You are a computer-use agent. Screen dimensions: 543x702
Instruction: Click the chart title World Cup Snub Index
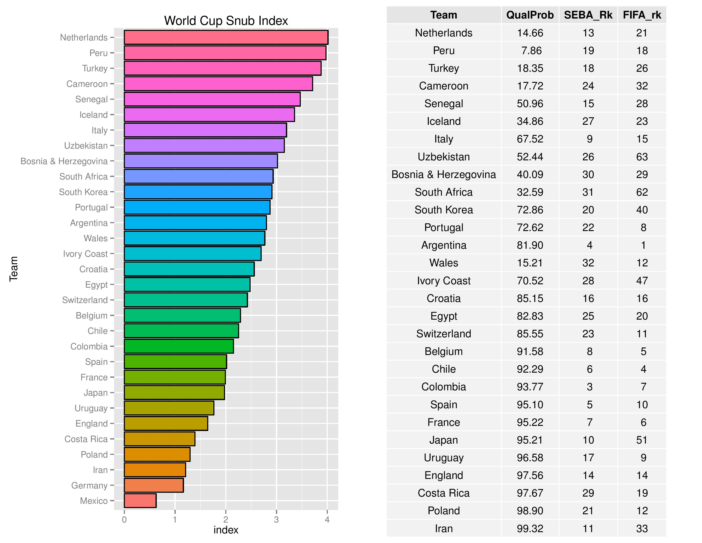[x=226, y=21]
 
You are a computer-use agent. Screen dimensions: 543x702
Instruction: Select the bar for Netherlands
[x=226, y=37]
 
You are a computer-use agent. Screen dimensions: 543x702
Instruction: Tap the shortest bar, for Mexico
[x=140, y=501]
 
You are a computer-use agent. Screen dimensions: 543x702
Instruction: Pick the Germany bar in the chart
[x=154, y=485]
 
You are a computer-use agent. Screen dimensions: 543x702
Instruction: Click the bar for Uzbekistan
[x=204, y=145]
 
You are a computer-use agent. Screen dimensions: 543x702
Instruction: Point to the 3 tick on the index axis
[x=276, y=520]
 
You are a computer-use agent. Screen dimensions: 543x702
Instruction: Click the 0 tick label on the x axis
[x=124, y=520]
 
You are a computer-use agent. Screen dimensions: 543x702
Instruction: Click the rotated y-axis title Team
[x=13, y=269]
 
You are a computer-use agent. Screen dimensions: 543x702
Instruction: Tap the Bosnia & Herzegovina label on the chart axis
[x=64, y=161]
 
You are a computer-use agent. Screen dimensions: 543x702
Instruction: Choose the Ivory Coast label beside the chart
[x=85, y=254]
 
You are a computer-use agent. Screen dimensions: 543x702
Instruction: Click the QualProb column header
[x=530, y=15]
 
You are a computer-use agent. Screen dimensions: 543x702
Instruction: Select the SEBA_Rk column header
[x=588, y=15]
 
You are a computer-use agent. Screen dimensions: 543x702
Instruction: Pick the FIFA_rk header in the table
[x=642, y=15]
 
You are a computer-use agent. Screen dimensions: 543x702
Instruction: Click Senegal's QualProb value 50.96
[x=530, y=103]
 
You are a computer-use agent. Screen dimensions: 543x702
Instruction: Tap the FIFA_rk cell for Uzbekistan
[x=642, y=157]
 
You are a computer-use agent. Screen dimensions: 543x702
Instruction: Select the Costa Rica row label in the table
[x=444, y=493]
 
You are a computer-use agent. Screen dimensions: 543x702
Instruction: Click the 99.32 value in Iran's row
[x=530, y=529]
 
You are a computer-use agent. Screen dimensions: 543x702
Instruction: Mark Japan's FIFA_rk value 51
[x=642, y=440]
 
